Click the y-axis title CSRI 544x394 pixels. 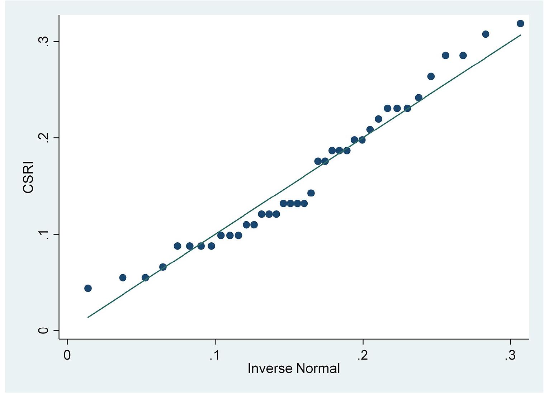[28, 177]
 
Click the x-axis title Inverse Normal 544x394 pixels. [293, 368]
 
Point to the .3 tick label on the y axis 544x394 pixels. [44, 41]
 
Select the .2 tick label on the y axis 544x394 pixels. [44, 138]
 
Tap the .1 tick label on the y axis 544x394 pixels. [44, 234]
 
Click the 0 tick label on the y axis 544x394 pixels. [44, 330]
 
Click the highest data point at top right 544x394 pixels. [520, 24]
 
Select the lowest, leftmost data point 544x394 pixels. [88, 288]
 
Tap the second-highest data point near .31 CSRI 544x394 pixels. [486, 34]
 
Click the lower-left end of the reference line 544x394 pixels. [88, 317]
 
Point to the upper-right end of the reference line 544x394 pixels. [520, 35]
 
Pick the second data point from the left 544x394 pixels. [123, 277]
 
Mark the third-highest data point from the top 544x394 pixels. [445, 55]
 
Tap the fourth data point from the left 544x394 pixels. [163, 267]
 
